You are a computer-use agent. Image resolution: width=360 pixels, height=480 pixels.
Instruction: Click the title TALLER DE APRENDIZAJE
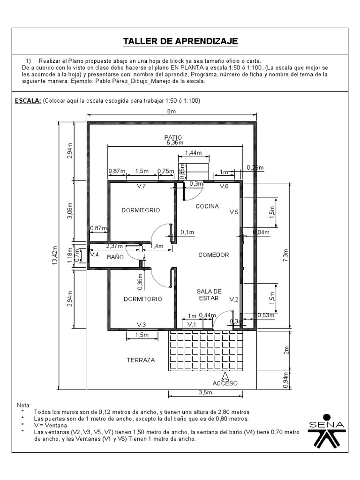(x=180, y=41)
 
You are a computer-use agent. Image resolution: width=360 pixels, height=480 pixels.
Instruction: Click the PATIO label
(x=173, y=137)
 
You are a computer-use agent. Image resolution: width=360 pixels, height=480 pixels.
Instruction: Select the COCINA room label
(x=207, y=206)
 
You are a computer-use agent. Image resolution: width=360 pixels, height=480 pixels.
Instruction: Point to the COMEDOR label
(x=214, y=255)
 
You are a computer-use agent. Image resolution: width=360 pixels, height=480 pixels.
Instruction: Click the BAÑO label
(x=115, y=257)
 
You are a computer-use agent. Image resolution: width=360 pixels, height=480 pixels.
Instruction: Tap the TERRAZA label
(x=141, y=360)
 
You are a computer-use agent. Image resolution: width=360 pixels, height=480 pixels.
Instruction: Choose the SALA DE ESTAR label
(x=209, y=294)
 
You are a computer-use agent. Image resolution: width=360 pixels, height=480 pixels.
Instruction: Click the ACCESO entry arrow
(x=225, y=376)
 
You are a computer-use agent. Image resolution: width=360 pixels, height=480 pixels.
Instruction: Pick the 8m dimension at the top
(x=172, y=111)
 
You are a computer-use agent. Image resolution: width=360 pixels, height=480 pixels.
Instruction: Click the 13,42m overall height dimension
(x=55, y=255)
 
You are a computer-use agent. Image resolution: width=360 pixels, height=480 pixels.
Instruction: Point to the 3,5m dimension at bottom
(x=205, y=392)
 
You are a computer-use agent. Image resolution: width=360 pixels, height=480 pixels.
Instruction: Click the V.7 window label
(x=141, y=186)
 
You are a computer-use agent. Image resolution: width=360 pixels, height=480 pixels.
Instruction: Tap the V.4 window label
(x=94, y=254)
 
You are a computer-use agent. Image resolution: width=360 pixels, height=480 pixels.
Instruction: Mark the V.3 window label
(x=141, y=324)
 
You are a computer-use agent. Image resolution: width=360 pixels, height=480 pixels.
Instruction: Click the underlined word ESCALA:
(x=28, y=101)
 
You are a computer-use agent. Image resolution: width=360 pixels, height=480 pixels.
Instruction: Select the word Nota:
(x=24, y=405)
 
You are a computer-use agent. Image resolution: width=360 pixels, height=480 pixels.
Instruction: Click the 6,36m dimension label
(x=175, y=142)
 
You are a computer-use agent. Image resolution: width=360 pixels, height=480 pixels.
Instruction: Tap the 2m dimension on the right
(x=286, y=350)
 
